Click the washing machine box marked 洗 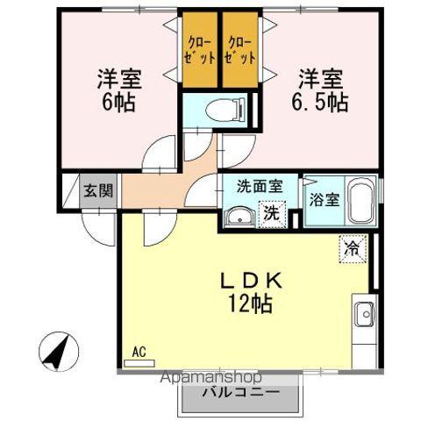coord(273,212)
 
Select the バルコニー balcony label coord(242,391)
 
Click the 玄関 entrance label coord(97,189)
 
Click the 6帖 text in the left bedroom coord(119,99)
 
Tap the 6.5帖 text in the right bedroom coord(319,99)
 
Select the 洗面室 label coord(260,186)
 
